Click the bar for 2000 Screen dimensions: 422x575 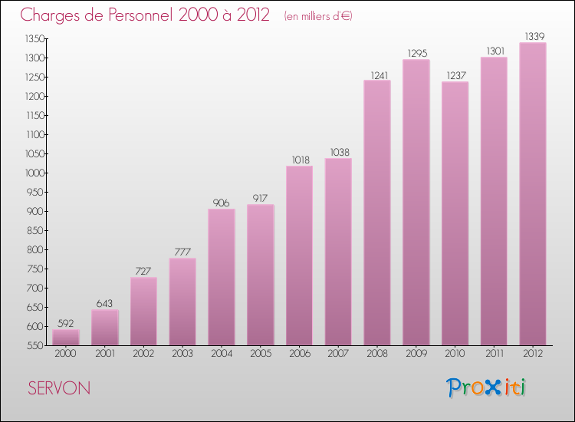65,337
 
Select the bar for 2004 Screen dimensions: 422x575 222,276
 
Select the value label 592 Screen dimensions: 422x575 65,323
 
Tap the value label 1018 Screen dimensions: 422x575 299,160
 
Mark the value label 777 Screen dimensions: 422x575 182,252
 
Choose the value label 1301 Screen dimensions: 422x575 494,51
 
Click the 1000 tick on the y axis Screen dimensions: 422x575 33,173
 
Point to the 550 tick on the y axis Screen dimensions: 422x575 35,345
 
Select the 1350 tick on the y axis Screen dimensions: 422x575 33,38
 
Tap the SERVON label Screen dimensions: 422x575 59,388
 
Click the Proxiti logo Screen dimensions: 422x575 487,387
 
